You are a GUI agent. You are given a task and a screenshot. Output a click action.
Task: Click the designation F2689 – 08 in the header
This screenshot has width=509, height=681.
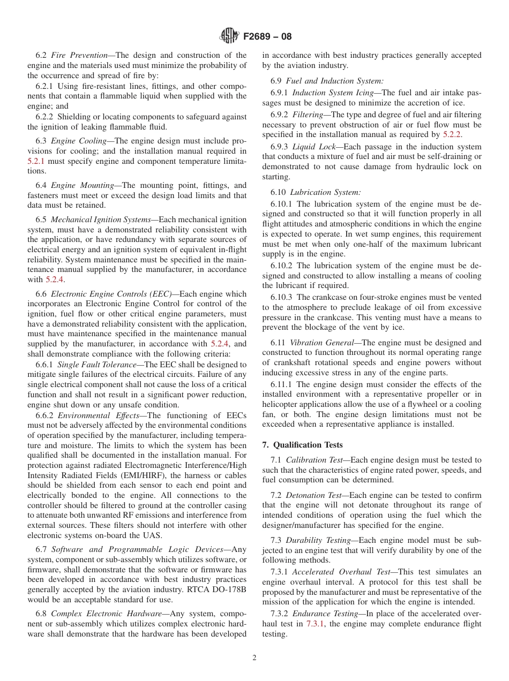click(267, 37)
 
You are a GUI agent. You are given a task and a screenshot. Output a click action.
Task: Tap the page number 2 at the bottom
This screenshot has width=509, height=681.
click(254, 658)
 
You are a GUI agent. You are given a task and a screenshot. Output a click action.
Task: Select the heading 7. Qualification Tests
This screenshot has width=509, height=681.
click(302, 445)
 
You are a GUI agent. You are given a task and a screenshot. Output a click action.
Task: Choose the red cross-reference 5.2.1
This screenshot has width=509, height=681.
click(36, 161)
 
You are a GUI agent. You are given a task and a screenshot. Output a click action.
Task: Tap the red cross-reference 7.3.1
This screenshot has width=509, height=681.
click(316, 624)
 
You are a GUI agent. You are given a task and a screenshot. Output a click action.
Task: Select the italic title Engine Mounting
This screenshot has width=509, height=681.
click(81, 185)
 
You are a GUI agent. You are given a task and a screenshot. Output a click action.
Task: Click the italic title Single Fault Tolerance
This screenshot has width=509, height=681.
click(99, 364)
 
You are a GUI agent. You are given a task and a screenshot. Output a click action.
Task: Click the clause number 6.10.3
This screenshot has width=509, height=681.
click(281, 297)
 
